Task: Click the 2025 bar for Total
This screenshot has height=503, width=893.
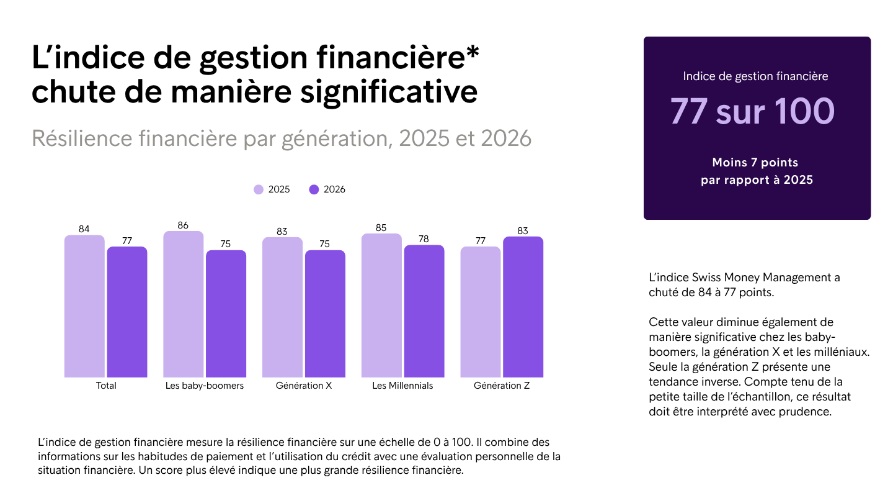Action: (x=84, y=306)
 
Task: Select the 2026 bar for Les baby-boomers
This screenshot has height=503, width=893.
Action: (x=226, y=314)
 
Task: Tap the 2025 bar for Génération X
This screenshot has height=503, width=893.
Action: (x=282, y=307)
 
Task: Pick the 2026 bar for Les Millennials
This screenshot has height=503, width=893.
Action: (x=424, y=311)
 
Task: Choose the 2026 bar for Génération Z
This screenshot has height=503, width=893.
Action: (x=523, y=307)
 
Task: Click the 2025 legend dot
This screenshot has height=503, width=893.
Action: (x=259, y=189)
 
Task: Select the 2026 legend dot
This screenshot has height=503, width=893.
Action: (x=314, y=189)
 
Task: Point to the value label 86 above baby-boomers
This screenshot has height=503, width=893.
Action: (x=183, y=225)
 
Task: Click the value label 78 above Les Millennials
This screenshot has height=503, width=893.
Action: (x=424, y=239)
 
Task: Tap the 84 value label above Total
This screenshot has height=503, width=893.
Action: (x=84, y=229)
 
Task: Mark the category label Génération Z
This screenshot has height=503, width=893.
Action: (x=502, y=386)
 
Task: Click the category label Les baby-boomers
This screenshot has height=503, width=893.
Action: (x=205, y=386)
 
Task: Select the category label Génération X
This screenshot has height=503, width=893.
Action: (x=304, y=386)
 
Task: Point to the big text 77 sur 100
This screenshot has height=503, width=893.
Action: (x=752, y=111)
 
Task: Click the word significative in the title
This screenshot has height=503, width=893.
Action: (x=389, y=93)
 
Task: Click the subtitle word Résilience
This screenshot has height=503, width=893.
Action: (x=82, y=138)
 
